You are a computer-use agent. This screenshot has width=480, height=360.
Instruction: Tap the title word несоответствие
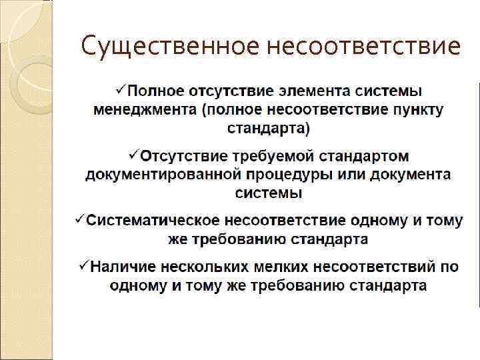[x=363, y=47]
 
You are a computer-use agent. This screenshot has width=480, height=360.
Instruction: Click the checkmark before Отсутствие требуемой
[x=133, y=155]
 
